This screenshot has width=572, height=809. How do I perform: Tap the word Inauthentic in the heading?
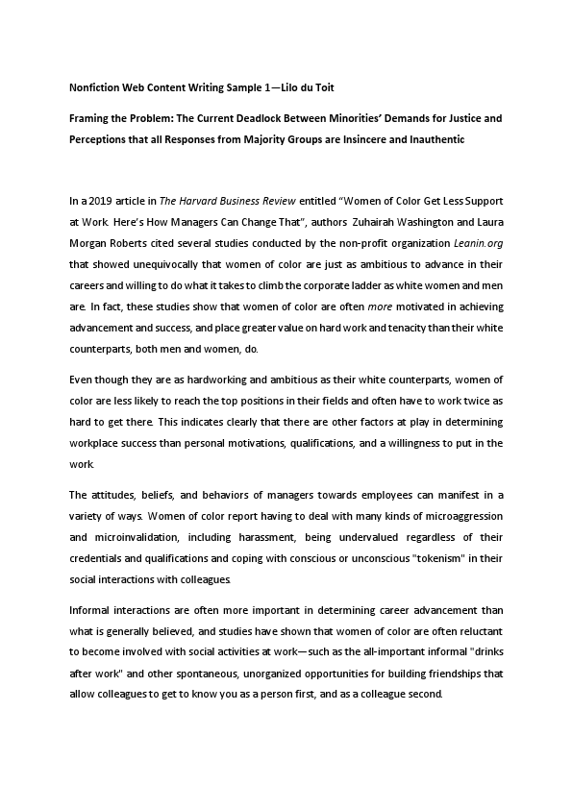pos(429,139)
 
